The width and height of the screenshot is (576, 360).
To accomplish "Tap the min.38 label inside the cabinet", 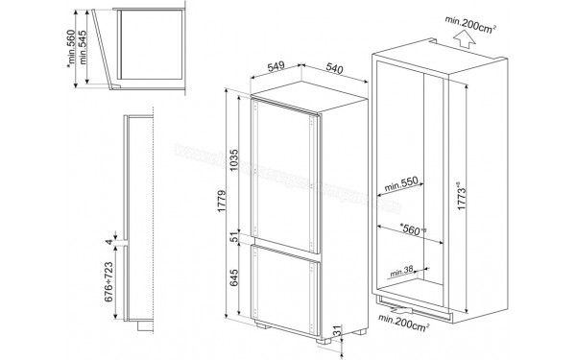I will tap(401, 270).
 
